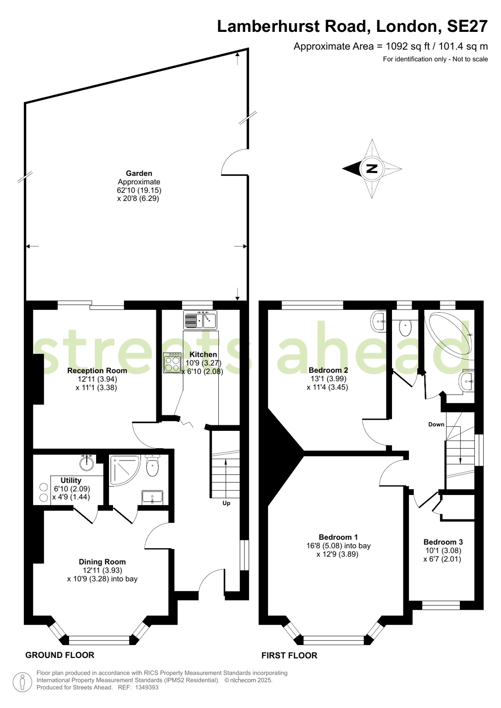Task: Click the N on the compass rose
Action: (x=372, y=168)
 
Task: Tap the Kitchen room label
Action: (x=203, y=354)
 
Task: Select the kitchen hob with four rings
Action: (x=172, y=363)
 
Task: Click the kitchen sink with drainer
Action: (x=200, y=320)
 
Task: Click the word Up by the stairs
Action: (x=226, y=503)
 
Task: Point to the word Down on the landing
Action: (x=436, y=425)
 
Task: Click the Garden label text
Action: (x=139, y=173)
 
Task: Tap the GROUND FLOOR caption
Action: (x=60, y=655)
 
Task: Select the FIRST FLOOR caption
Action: (x=289, y=656)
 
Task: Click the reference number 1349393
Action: (x=147, y=687)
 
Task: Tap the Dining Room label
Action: (x=102, y=561)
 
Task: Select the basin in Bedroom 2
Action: (x=378, y=322)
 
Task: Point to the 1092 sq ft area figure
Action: (x=408, y=46)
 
